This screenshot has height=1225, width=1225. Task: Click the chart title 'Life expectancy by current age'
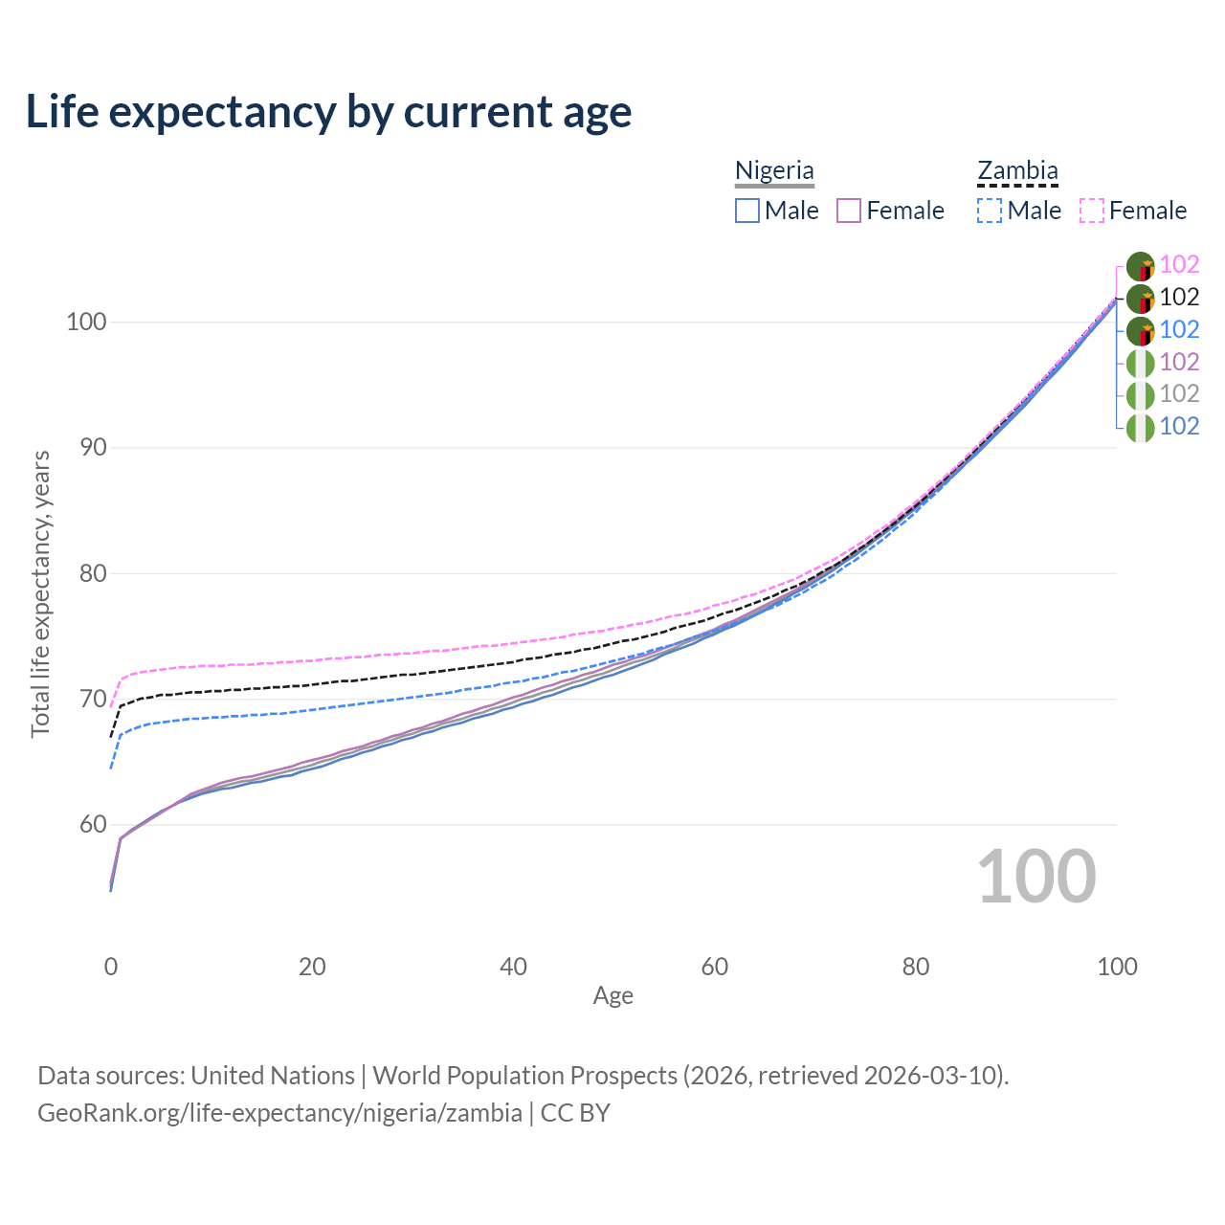point(328,111)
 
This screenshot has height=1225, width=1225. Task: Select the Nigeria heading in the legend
point(774,170)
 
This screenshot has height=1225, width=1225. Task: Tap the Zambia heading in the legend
point(1017,170)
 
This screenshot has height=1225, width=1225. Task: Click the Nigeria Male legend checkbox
point(747,211)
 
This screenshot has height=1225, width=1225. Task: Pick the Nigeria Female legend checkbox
point(849,211)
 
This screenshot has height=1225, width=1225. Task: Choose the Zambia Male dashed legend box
point(990,211)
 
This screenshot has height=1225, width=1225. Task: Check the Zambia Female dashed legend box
point(1092,211)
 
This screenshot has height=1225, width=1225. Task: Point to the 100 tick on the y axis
point(85,322)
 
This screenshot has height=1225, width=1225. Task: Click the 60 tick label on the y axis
point(85,825)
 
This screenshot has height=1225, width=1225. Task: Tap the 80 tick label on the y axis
point(85,573)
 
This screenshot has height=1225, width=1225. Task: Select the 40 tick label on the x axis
point(513,967)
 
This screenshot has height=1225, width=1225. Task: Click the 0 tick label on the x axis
point(111,967)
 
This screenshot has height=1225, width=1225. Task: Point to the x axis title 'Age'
point(612,996)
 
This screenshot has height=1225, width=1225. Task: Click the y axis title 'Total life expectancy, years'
point(40,593)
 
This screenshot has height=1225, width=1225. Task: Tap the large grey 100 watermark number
point(1036,877)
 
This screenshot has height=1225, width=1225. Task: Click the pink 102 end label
point(1179,264)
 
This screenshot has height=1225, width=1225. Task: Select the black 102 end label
point(1179,297)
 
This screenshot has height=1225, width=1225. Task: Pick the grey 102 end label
point(1179,393)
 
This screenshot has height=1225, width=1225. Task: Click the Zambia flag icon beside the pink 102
point(1140,266)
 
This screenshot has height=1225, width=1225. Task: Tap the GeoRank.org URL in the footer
point(279,1113)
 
